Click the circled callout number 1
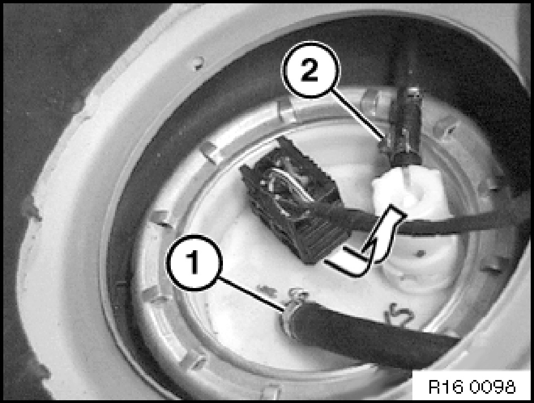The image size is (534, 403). pyautogui.click(x=194, y=262)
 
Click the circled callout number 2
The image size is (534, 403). pyautogui.click(x=310, y=71)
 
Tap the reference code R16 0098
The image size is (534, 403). pyautogui.click(x=472, y=387)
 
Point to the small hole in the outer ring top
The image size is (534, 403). pyautogui.click(x=198, y=63)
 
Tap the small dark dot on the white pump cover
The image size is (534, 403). pyautogui.click(x=421, y=253)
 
